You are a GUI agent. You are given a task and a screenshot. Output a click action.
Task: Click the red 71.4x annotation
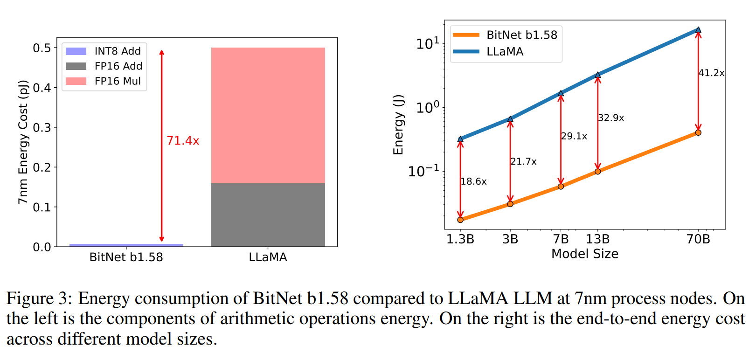click(183, 140)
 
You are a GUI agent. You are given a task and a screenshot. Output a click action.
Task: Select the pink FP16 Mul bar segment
click(268, 115)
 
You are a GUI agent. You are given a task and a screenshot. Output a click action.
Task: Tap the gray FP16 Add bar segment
click(268, 215)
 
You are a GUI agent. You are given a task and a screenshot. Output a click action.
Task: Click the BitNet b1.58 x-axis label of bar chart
click(126, 257)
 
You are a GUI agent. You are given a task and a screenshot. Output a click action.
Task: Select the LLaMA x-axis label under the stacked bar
click(268, 257)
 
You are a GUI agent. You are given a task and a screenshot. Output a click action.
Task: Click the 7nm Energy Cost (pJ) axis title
click(23, 142)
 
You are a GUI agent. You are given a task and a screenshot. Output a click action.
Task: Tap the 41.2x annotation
click(711, 73)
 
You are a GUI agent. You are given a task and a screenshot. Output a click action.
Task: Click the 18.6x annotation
click(473, 181)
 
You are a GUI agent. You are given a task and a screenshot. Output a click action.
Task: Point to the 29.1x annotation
click(574, 136)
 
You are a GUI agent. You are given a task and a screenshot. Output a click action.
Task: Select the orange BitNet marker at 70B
click(698, 132)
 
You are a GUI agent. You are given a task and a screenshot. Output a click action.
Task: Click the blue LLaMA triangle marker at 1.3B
click(460, 139)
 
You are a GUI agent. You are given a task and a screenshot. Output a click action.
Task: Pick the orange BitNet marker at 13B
click(598, 171)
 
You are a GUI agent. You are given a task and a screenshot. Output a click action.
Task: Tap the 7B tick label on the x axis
click(561, 239)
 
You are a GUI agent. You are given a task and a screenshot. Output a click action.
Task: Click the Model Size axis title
click(585, 254)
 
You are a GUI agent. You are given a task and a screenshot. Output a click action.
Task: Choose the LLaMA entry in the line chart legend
click(505, 51)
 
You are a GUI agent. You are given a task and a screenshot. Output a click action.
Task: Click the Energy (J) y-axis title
click(398, 125)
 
